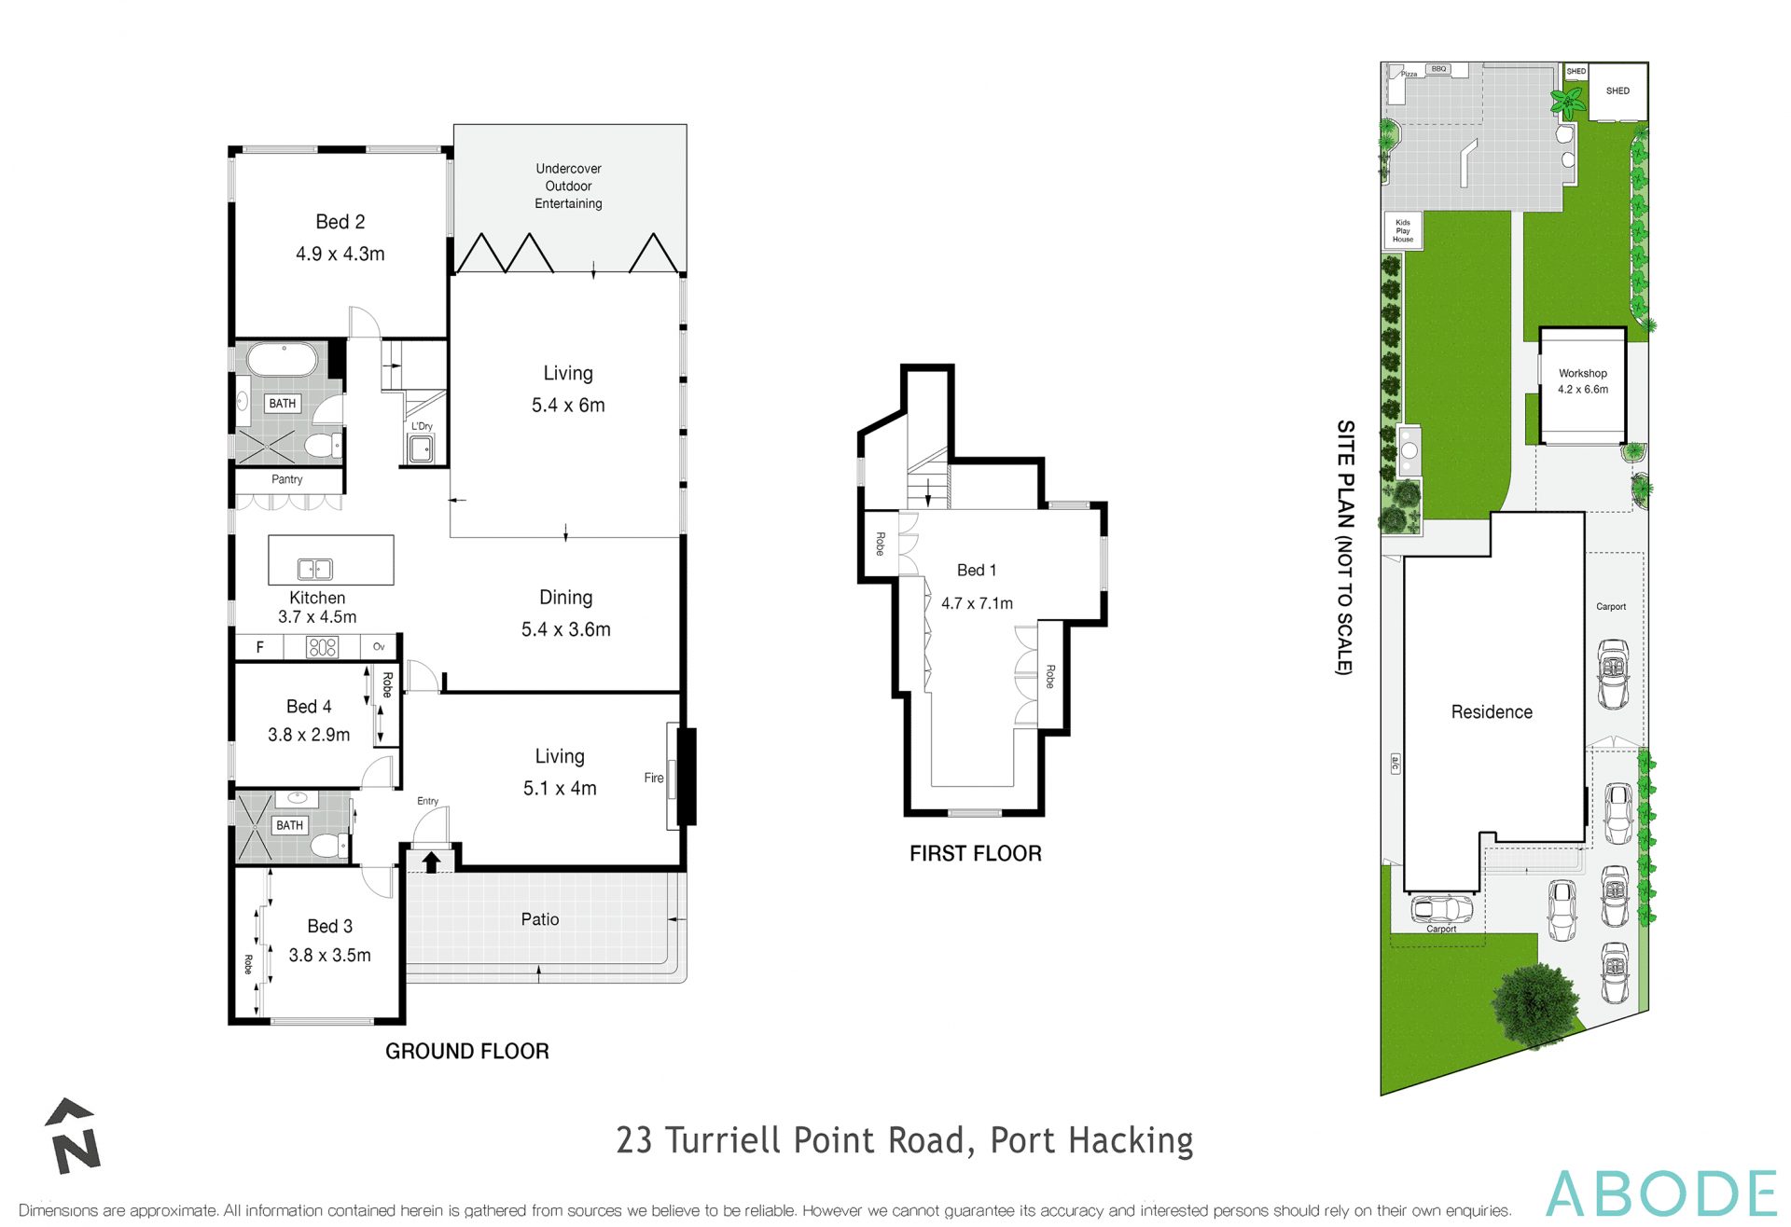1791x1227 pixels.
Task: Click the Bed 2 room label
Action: click(x=340, y=222)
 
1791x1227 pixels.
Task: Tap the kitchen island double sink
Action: click(x=315, y=568)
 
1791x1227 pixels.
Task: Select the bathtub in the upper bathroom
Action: click(x=282, y=359)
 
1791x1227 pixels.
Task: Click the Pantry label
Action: click(x=287, y=479)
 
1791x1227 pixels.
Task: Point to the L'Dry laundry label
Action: click(x=422, y=426)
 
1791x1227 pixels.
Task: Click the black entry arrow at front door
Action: click(x=431, y=862)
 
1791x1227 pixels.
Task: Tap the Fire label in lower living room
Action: click(x=653, y=778)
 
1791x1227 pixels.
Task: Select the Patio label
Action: click(x=540, y=919)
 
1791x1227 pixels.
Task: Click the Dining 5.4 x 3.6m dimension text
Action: click(x=565, y=629)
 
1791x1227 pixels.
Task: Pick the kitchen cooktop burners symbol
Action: click(x=322, y=647)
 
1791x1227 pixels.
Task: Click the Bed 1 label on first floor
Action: click(x=976, y=570)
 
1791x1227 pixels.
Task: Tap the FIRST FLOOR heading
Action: click(x=975, y=853)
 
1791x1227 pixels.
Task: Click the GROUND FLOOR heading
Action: click(x=466, y=1051)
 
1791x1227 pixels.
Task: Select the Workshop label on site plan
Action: click(x=1582, y=373)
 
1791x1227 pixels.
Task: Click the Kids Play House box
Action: click(x=1402, y=230)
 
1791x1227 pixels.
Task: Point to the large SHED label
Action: click(x=1617, y=90)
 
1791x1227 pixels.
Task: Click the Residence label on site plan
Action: click(x=1491, y=712)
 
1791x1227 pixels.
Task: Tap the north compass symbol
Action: click(x=73, y=1137)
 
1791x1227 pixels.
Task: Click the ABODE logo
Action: click(x=1660, y=1193)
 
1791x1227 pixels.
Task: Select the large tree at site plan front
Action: click(x=1534, y=1006)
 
